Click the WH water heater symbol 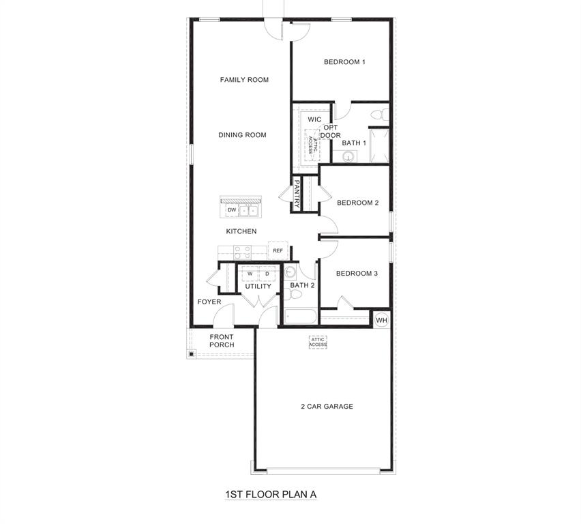(381, 320)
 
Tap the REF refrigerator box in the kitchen (278, 250)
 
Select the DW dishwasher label (232, 210)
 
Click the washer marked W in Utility (250, 274)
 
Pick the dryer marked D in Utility (267, 274)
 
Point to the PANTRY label (297, 194)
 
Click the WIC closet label (314, 119)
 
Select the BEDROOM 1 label (344, 62)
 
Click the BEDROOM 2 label (357, 203)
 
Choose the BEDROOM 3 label (357, 274)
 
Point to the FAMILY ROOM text (244, 80)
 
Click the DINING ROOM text (242, 135)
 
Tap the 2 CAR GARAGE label (327, 407)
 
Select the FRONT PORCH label (222, 341)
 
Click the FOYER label (209, 302)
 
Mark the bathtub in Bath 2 (300, 317)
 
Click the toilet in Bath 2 (295, 294)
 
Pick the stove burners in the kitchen (243, 252)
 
